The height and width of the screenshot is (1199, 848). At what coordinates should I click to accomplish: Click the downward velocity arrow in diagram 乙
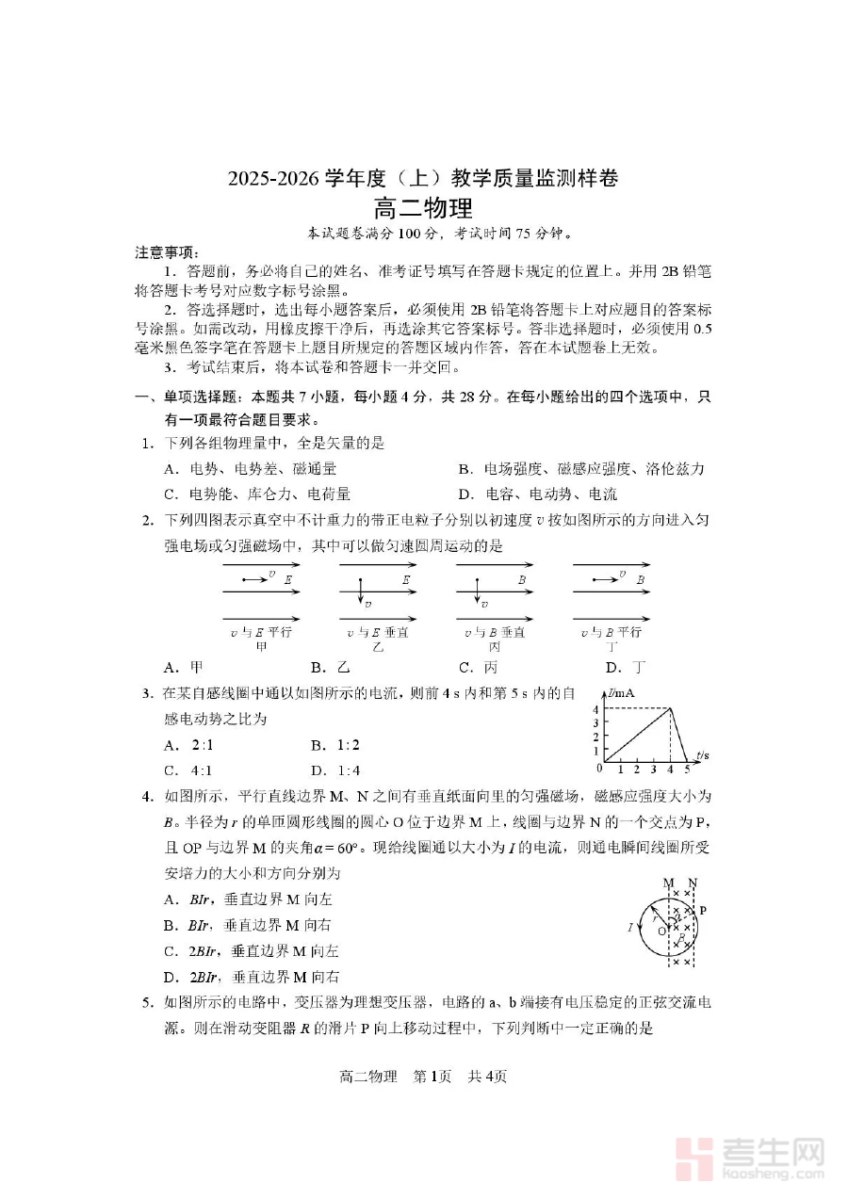[x=360, y=592]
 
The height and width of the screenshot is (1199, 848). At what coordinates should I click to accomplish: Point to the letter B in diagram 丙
[x=521, y=580]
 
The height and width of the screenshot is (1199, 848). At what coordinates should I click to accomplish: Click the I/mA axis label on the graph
[x=622, y=694]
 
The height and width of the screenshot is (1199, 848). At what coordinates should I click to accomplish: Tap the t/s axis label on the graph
[x=703, y=754]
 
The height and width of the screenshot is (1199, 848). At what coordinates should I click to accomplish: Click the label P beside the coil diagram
[x=703, y=911]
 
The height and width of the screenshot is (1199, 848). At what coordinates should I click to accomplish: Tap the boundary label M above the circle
[x=669, y=883]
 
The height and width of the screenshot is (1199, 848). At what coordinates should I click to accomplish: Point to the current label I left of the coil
[x=629, y=928]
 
